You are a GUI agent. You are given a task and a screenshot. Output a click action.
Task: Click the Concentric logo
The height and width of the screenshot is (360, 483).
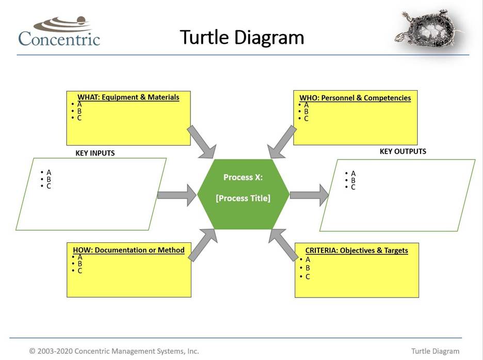(x=59, y=32)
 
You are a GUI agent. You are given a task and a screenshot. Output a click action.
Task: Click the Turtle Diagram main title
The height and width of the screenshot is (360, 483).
(x=242, y=37)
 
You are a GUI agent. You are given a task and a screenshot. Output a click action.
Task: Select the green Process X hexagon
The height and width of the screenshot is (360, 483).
(x=243, y=194)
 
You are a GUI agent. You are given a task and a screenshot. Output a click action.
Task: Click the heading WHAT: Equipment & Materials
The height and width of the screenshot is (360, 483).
(x=128, y=97)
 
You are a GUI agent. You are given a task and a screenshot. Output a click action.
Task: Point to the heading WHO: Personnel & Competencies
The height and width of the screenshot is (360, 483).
(x=355, y=97)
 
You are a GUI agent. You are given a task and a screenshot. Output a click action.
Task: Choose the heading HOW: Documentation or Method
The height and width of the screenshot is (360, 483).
(x=128, y=250)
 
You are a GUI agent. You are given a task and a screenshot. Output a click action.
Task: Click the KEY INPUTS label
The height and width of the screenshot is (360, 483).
(x=95, y=153)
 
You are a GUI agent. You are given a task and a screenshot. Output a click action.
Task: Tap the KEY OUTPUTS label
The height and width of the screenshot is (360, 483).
(x=403, y=152)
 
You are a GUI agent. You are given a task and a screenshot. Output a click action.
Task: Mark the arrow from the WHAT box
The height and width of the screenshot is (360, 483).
(x=201, y=141)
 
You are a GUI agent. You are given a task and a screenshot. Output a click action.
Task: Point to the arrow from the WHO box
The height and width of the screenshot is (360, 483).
(x=282, y=141)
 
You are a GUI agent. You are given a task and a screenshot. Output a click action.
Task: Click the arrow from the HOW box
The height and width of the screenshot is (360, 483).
(x=202, y=246)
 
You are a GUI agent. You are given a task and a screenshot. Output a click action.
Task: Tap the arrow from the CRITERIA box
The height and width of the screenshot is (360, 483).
(x=283, y=245)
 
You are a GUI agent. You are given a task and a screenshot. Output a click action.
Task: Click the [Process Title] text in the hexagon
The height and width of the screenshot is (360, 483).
(x=243, y=198)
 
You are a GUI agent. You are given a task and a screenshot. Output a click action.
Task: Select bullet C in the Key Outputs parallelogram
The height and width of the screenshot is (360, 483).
(x=353, y=187)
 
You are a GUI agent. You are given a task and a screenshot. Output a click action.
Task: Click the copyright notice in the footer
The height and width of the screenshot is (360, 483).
(x=114, y=351)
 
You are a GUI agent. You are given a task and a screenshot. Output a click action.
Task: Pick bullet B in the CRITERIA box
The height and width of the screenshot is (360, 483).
(x=308, y=268)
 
